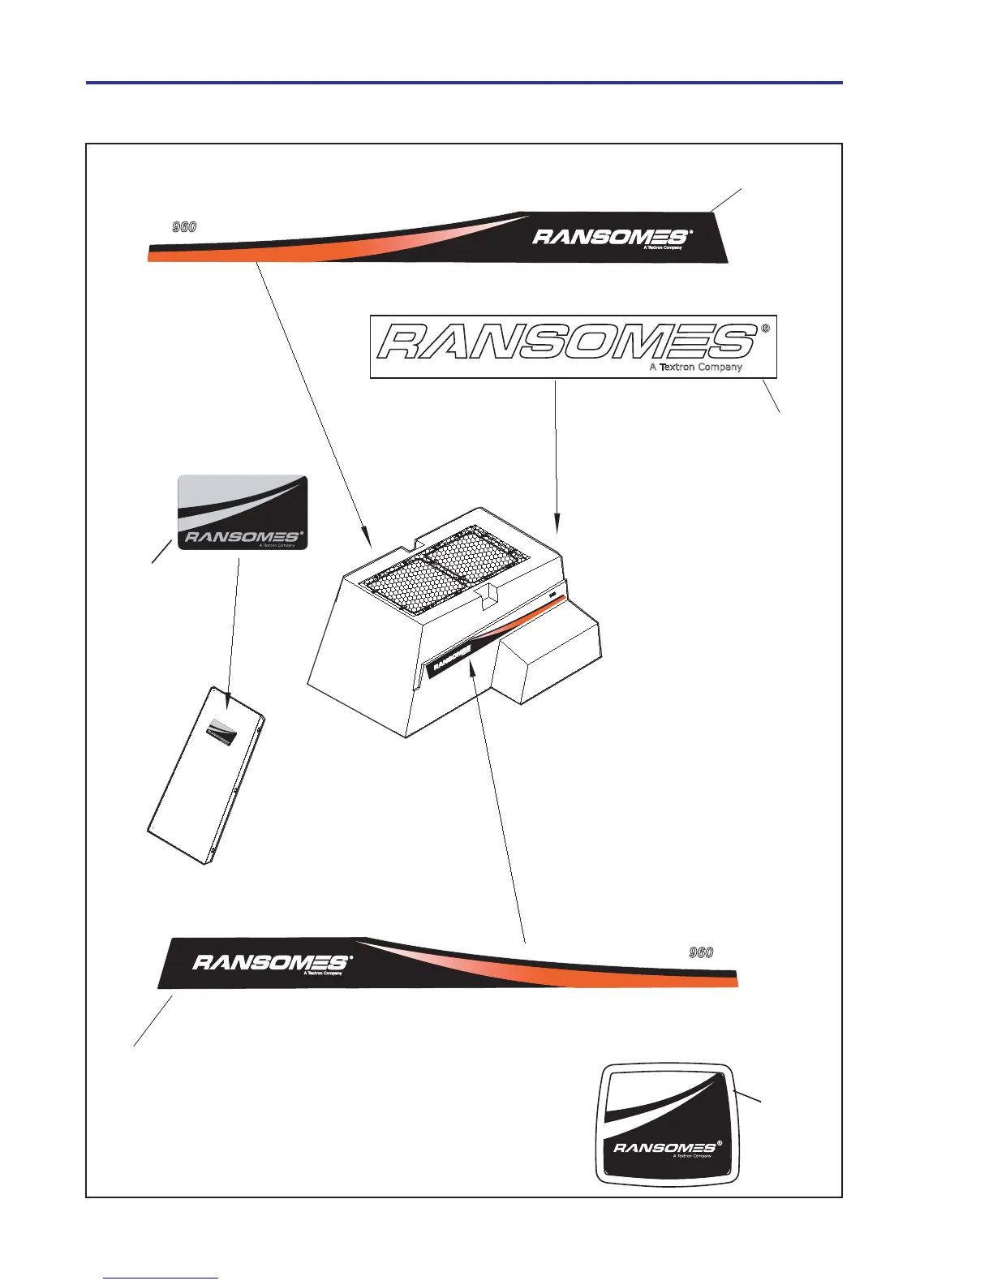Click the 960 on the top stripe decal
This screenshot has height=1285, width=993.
[x=184, y=227]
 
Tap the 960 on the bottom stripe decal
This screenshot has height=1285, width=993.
[x=701, y=952]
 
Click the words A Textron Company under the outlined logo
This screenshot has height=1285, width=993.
[x=695, y=367]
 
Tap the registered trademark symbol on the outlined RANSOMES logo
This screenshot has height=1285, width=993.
[x=765, y=329]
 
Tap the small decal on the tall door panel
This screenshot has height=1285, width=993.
[x=221, y=729]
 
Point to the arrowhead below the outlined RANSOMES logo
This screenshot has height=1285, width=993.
[x=556, y=526]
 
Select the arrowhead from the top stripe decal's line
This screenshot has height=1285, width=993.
[x=368, y=539]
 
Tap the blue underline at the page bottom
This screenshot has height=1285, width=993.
[x=161, y=1278]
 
